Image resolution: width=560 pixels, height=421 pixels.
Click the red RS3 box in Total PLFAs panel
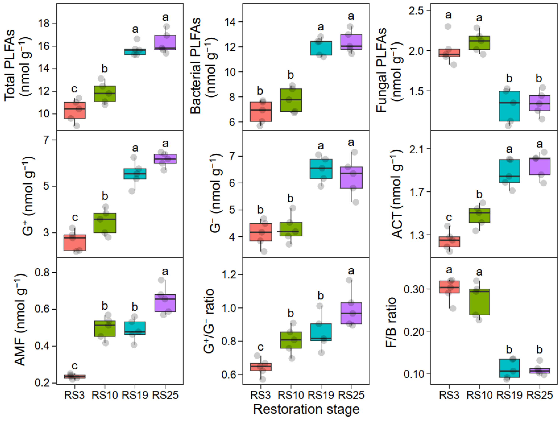pos(74,110)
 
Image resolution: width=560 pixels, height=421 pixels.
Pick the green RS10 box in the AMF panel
pos(105,328)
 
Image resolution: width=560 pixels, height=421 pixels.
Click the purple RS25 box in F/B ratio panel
pos(540,371)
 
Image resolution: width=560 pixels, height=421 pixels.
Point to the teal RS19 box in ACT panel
pos(509,171)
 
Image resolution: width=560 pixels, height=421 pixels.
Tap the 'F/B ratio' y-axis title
pos(390,322)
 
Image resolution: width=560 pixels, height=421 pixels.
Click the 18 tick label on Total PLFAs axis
pos(44,24)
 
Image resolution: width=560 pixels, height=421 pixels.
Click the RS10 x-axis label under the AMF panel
pos(104,395)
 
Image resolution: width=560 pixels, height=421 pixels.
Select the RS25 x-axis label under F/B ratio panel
pos(540,395)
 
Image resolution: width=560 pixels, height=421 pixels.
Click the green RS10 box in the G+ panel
pos(105,223)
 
